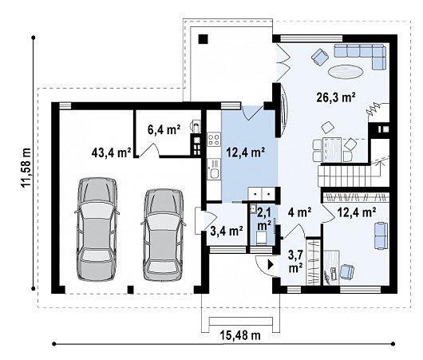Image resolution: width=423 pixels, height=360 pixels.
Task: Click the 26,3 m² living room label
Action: [335, 97]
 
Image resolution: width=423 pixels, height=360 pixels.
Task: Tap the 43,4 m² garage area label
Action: [112, 152]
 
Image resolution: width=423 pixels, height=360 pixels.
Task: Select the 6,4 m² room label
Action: [164, 129]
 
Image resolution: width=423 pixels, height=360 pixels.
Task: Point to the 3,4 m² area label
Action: [227, 231]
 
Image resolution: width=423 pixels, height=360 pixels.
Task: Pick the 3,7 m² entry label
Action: [295, 261]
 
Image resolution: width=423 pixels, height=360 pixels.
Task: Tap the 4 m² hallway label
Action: [300, 212]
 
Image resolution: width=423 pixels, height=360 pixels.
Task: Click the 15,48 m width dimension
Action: [241, 335]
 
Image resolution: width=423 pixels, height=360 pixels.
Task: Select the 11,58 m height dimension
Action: [26, 168]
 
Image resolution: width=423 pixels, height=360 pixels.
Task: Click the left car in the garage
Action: [97, 229]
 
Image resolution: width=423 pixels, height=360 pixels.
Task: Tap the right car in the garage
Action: [164, 235]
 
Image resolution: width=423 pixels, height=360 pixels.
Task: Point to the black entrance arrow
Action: [271, 265]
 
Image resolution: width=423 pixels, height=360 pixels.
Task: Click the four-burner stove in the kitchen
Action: [214, 140]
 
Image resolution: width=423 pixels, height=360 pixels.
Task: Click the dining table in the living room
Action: [332, 150]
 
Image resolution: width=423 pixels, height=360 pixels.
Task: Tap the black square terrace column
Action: [204, 39]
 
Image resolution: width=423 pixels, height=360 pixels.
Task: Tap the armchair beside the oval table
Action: [320, 57]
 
